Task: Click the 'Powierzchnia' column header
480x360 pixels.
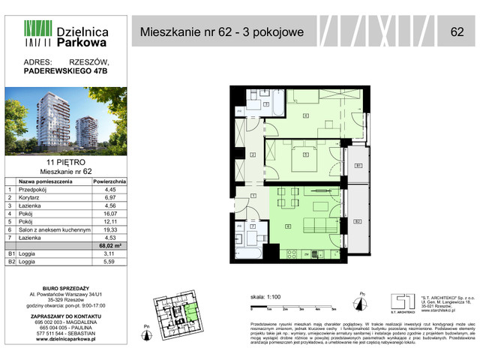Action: [x=109, y=181]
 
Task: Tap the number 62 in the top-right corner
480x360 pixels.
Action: [x=457, y=31]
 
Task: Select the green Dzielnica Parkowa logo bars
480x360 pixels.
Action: [x=37, y=32]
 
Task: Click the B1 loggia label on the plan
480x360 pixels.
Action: [x=358, y=165]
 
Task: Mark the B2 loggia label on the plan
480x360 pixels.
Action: [x=358, y=222]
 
